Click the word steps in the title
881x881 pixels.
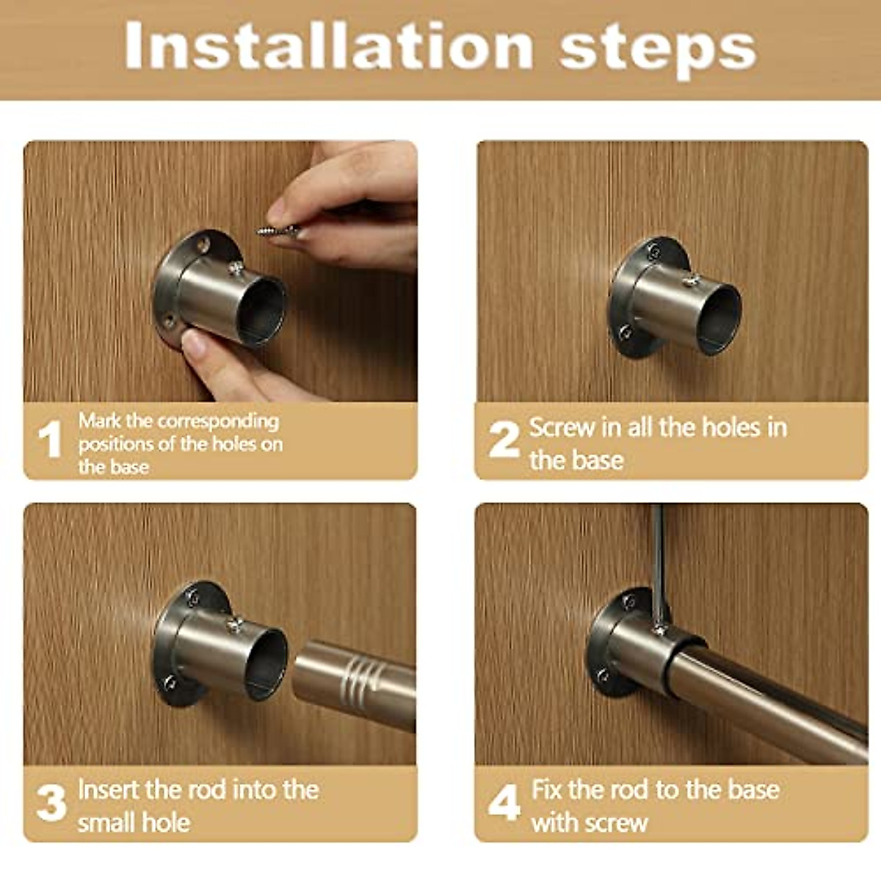[x=657, y=48]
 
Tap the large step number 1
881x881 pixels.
[x=50, y=439]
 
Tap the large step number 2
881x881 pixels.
[x=504, y=439]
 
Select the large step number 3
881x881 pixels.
[x=51, y=802]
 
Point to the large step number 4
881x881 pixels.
[x=504, y=802]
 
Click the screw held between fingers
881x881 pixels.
[x=278, y=231]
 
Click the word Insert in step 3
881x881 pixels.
[x=109, y=790]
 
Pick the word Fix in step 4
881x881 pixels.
[x=546, y=790]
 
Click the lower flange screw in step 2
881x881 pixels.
[x=625, y=333]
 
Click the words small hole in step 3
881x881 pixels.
[x=134, y=822]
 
